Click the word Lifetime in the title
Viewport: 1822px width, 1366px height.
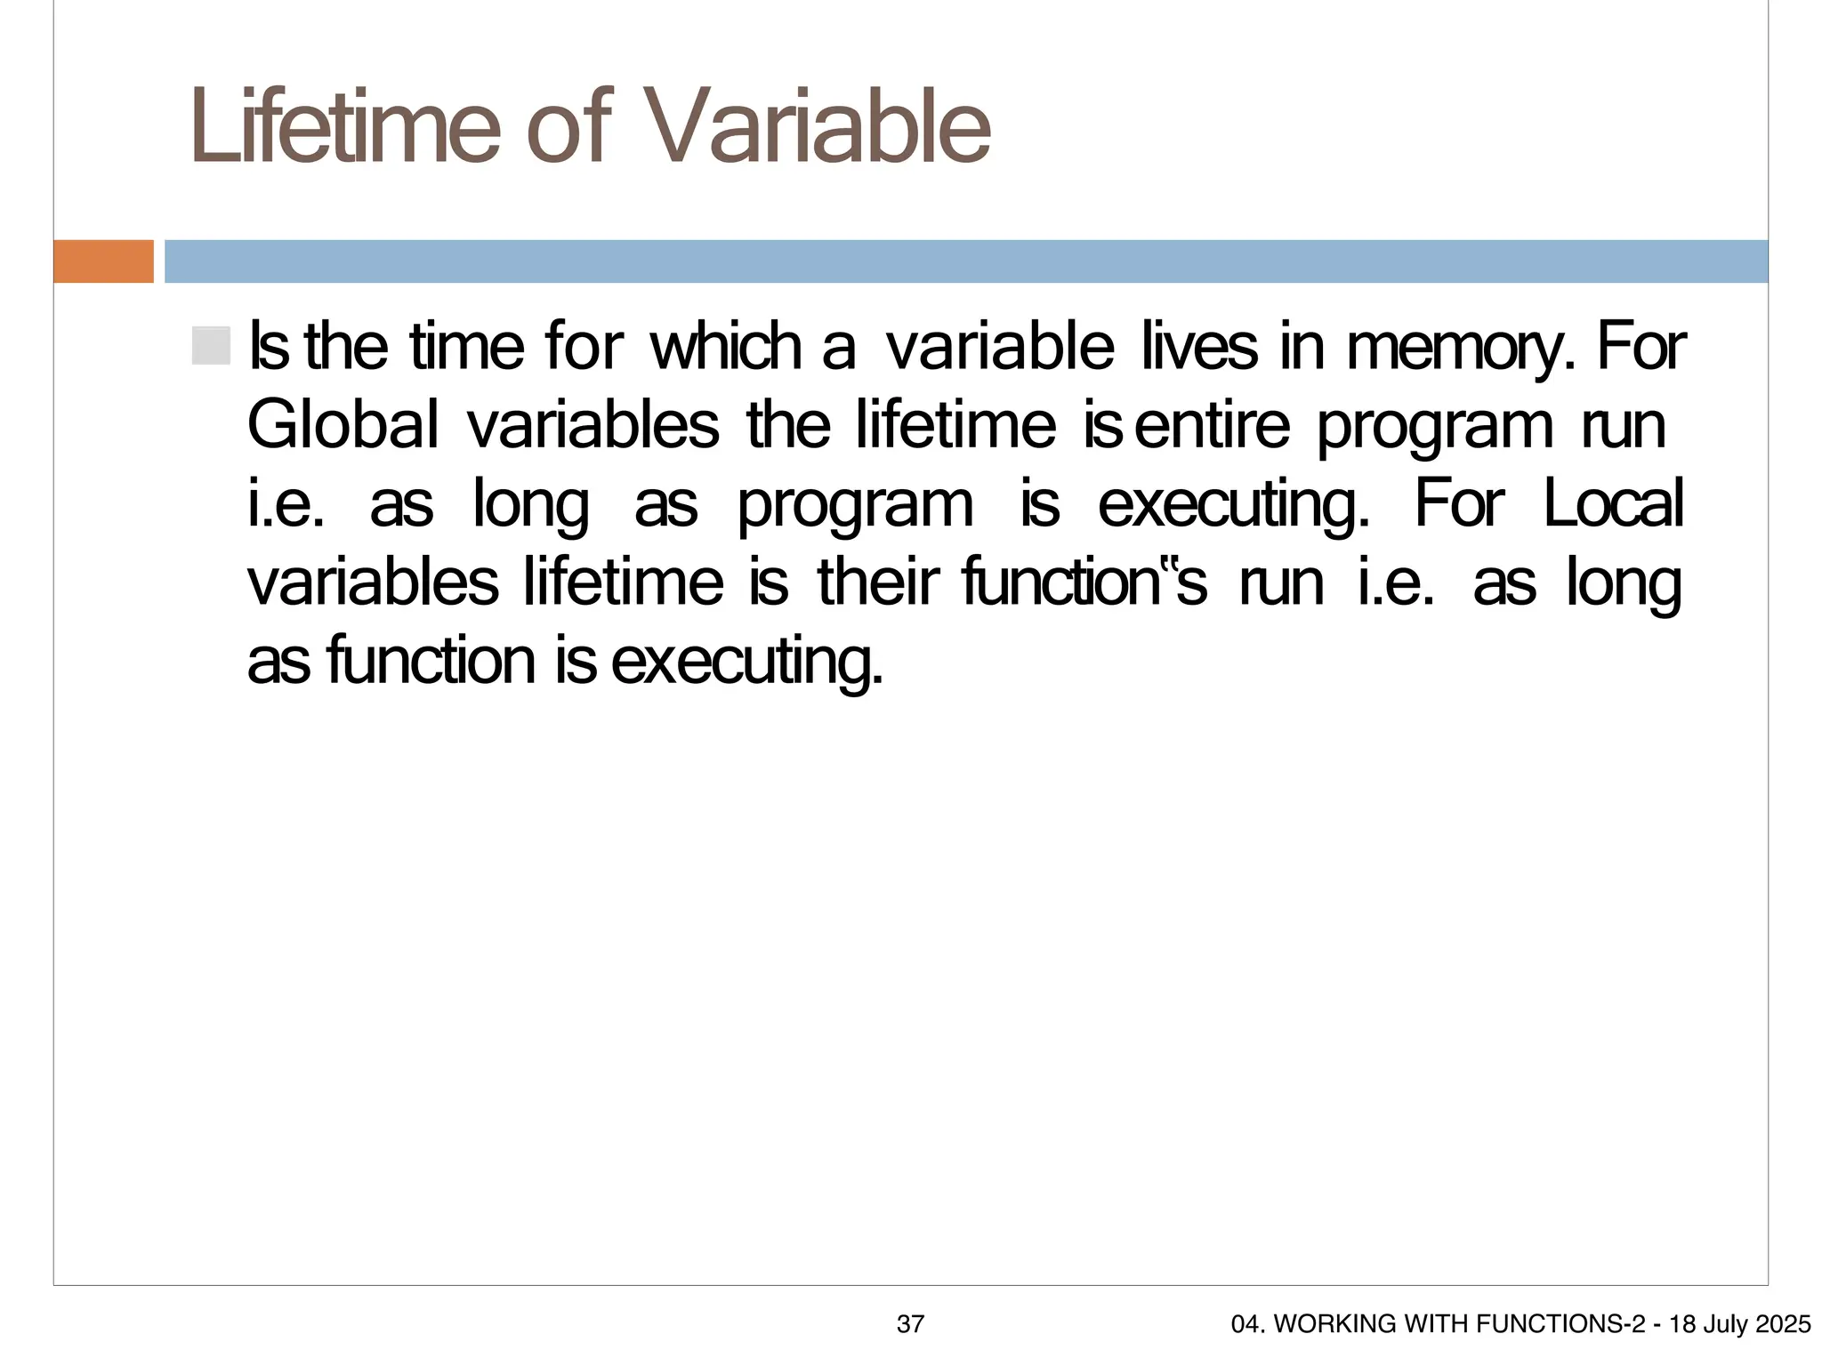pos(343,127)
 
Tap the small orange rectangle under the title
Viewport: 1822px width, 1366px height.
pos(103,261)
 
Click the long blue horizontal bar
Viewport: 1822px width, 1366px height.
pos(965,261)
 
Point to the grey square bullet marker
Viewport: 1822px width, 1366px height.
pos(211,346)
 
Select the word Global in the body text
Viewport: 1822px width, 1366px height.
pos(343,426)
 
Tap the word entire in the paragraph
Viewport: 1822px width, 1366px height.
pos(1212,426)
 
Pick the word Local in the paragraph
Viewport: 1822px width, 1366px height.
pos(1612,504)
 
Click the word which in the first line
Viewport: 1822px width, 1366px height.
pos(727,348)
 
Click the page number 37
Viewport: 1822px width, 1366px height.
pos(910,1324)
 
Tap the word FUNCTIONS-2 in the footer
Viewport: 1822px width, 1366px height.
pos(1560,1324)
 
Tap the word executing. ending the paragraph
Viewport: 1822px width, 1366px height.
pos(747,663)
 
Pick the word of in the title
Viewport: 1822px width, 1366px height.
pos(568,127)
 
